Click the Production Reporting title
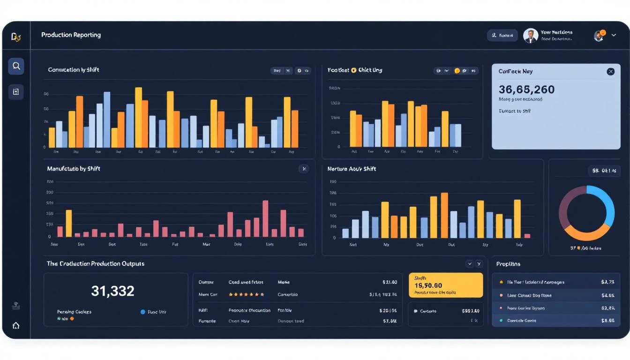71,35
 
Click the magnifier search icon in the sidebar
16,66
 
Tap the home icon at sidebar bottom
16,325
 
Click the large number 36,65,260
526,90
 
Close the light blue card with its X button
610,72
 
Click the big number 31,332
112,291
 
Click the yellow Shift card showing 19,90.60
445,285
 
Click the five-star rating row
246,295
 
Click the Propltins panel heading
508,264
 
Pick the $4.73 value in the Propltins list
607,282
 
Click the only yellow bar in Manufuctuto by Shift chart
69,224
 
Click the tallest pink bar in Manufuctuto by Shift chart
265,218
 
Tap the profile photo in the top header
531,36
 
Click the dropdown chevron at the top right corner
614,35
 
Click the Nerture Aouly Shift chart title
352,169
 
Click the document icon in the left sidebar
16,92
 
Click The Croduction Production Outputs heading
96,264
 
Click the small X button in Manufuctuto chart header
304,169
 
